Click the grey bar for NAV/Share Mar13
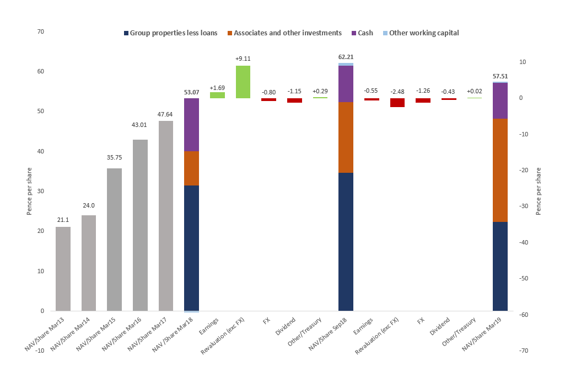tap(63, 269)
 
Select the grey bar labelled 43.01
tap(140, 225)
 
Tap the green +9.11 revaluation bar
tap(243, 82)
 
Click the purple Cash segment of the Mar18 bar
tap(191, 125)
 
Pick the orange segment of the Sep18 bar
tap(346, 137)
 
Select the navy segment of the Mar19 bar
tap(500, 266)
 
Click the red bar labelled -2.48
tap(397, 103)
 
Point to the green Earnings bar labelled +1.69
tap(217, 95)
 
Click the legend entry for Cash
tap(362, 33)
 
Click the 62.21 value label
tap(346, 57)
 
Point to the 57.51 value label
tap(500, 76)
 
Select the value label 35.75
tap(114, 157)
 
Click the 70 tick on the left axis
tap(40, 31)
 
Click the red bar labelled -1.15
tap(294, 100)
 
